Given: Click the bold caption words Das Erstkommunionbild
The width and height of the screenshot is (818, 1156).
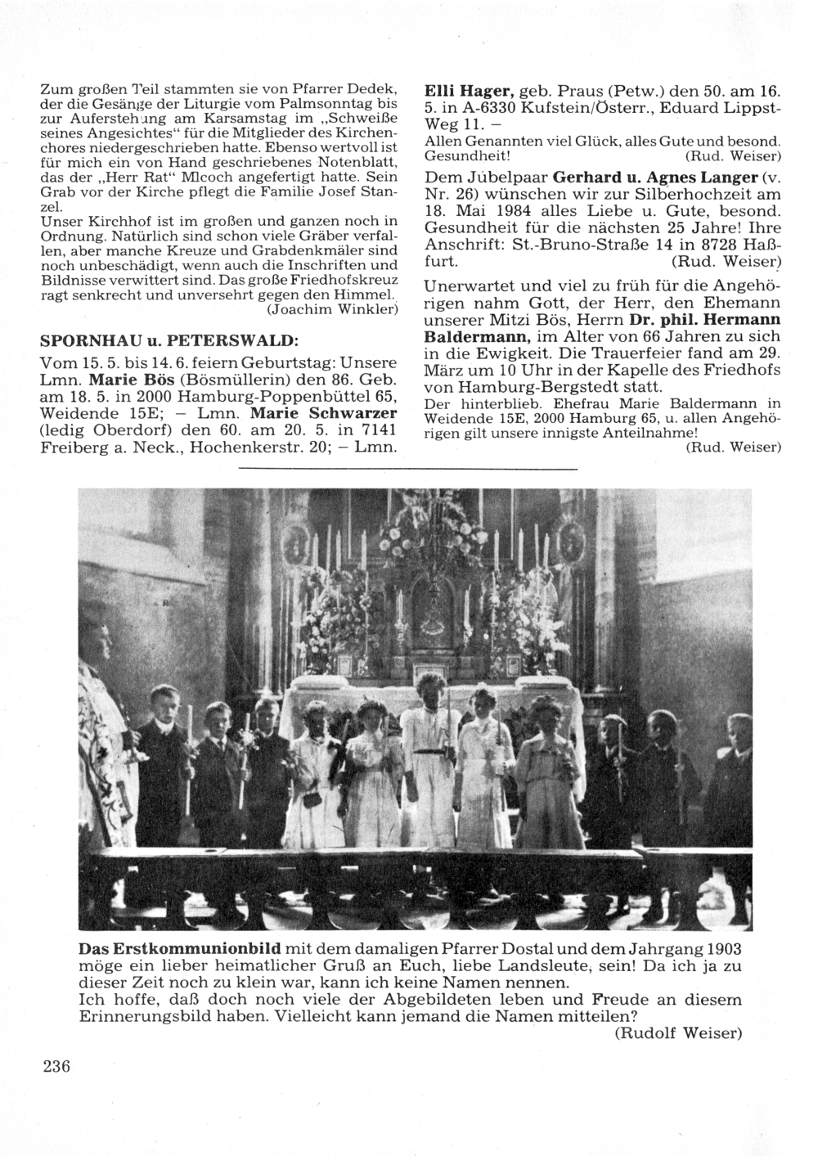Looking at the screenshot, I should (180, 949).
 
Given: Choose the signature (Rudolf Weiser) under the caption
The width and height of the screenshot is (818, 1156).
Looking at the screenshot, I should (678, 1033).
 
